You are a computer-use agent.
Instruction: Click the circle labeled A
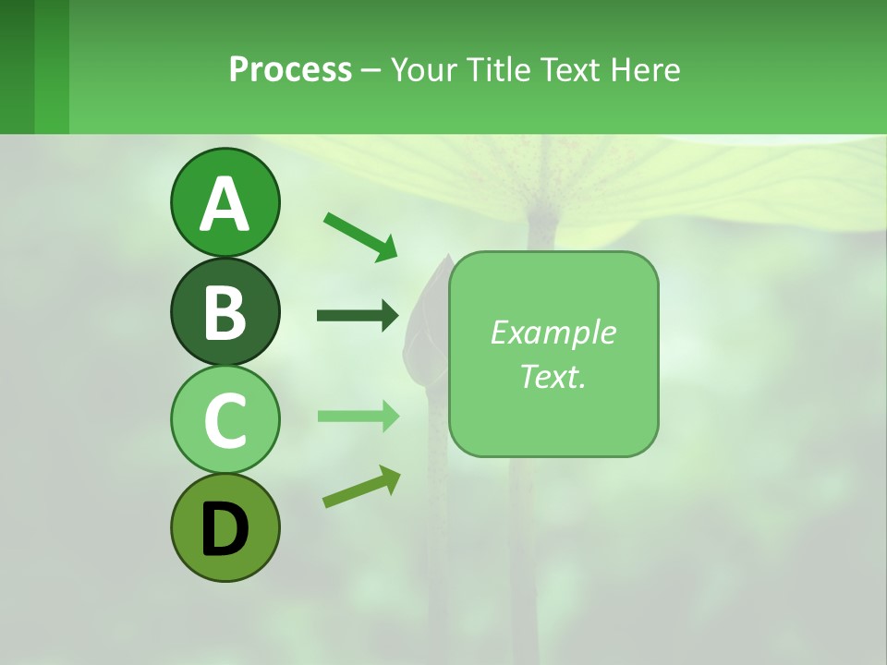pos(225,202)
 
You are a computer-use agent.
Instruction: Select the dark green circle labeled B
pos(225,311)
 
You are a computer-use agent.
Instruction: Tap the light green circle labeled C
pos(225,419)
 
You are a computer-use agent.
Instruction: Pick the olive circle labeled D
pos(225,527)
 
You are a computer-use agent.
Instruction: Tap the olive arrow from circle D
pos(361,487)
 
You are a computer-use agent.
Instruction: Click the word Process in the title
pos(290,69)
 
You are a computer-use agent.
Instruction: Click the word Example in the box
pos(553,332)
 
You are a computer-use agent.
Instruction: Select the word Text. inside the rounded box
pos(553,376)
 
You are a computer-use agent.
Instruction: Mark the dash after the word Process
pos(371,71)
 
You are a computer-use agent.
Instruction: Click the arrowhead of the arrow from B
pos(389,316)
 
